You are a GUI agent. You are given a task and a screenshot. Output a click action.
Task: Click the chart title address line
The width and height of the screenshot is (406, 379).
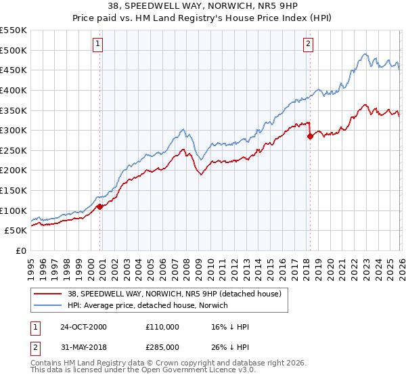coord(203,7)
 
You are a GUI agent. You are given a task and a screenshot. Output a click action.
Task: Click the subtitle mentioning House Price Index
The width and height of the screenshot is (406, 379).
coord(203,19)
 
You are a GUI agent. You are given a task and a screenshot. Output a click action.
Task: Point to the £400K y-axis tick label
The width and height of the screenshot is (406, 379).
coord(14,90)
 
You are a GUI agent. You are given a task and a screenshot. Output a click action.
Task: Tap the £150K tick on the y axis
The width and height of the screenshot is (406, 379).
coord(14,190)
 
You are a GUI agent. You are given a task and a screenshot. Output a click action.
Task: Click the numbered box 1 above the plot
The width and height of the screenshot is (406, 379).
coord(98,44)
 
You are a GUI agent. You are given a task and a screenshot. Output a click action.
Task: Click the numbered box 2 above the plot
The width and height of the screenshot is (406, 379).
coord(308,44)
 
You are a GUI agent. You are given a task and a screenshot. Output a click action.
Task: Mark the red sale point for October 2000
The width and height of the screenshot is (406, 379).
coord(99,206)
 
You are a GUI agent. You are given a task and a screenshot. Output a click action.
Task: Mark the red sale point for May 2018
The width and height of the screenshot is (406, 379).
coord(310,136)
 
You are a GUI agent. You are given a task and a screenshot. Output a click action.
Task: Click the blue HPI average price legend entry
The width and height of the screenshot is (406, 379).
coord(148,305)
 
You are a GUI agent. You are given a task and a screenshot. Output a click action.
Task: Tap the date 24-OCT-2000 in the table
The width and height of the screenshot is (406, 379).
coord(83,327)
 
